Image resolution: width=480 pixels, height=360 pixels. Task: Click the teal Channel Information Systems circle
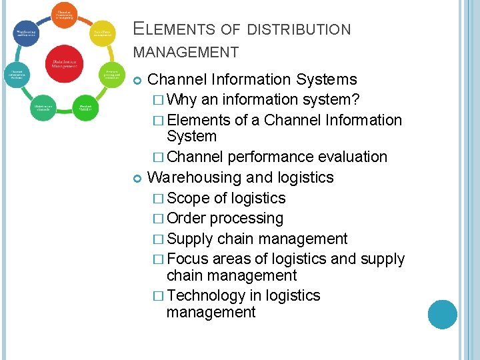pyautogui.click(x=18, y=75)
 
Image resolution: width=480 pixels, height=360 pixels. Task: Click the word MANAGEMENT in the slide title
pyautogui.click(x=186, y=52)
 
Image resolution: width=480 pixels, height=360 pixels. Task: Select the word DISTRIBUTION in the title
pyautogui.click(x=298, y=29)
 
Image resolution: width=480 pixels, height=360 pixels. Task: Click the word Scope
pyautogui.click(x=189, y=199)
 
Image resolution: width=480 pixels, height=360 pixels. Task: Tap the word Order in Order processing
pyautogui.click(x=187, y=219)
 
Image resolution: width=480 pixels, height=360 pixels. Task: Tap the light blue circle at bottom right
pyautogui.click(x=443, y=314)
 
